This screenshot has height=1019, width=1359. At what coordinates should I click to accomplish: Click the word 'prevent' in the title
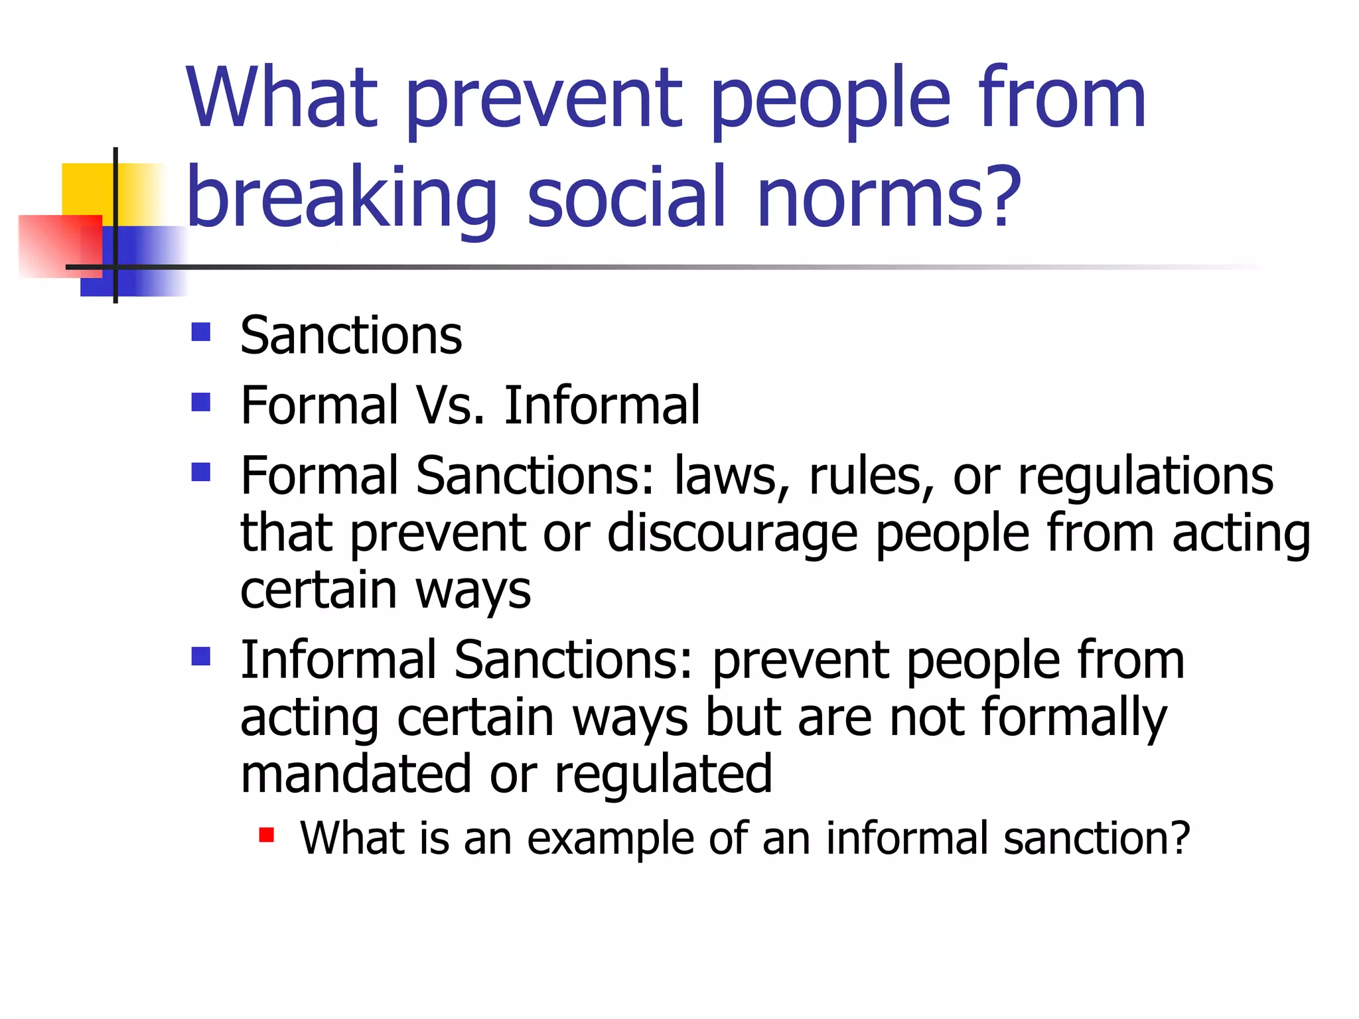pyautogui.click(x=543, y=100)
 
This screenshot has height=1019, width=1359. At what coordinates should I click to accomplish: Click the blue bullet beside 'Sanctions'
pyautogui.click(x=200, y=332)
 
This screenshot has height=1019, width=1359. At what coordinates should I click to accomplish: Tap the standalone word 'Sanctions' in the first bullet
pyautogui.click(x=351, y=336)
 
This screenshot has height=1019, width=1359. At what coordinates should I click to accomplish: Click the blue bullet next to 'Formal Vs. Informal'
pyautogui.click(x=200, y=402)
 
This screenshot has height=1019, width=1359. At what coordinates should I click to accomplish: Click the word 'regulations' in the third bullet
pyautogui.click(x=1145, y=476)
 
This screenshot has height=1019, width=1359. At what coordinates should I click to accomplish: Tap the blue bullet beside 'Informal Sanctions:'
pyautogui.click(x=200, y=657)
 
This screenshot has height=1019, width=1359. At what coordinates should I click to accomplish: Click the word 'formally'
pyautogui.click(x=1073, y=717)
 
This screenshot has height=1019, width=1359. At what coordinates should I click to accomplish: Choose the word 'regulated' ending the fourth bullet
pyautogui.click(x=663, y=774)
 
